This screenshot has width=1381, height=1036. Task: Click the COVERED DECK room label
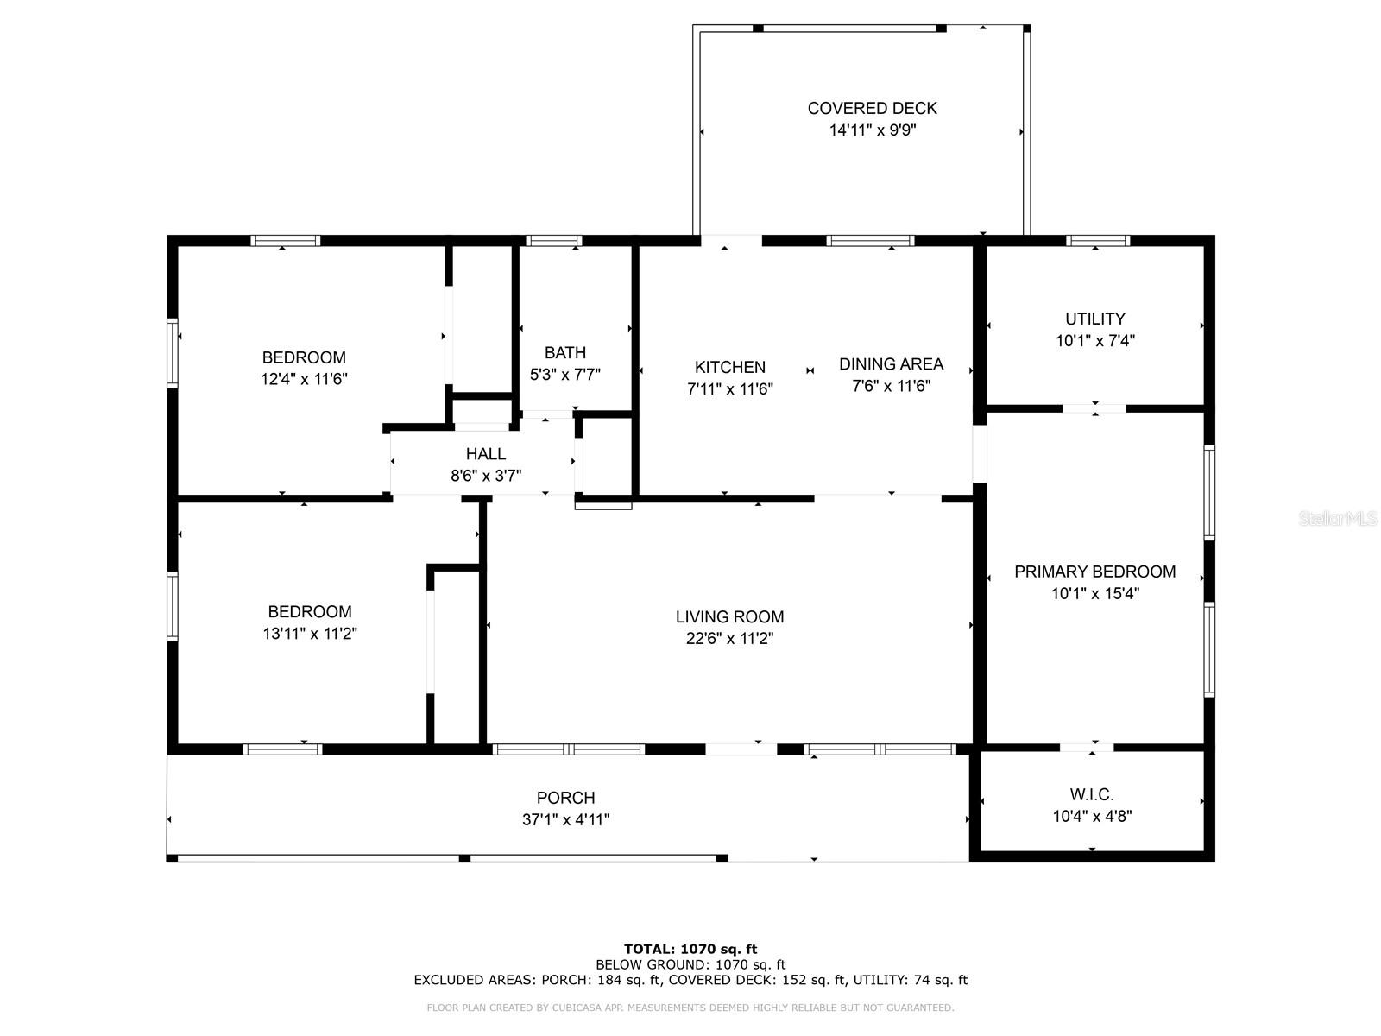(x=872, y=108)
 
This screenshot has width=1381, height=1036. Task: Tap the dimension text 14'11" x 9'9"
(x=872, y=130)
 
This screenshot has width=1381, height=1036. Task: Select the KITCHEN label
(x=730, y=367)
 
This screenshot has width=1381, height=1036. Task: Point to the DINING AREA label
(x=891, y=364)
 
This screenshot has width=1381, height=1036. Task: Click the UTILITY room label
(x=1094, y=319)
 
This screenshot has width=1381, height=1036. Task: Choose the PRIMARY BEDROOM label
(x=1094, y=572)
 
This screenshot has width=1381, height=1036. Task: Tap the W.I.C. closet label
(x=1092, y=794)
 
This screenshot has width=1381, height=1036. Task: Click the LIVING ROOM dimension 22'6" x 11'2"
(x=729, y=639)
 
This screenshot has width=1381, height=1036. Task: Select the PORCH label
(x=565, y=798)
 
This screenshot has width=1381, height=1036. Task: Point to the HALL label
(x=485, y=454)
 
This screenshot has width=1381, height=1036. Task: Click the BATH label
(x=564, y=352)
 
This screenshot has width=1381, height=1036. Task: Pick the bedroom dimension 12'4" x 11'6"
(x=304, y=379)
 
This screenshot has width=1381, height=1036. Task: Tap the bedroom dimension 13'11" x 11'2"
(x=310, y=634)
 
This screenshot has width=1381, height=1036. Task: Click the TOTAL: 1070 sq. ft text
(x=690, y=949)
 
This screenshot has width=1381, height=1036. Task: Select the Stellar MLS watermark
(x=1338, y=519)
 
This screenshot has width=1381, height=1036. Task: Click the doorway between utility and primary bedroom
(x=1094, y=408)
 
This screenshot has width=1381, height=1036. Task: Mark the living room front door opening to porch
(x=741, y=749)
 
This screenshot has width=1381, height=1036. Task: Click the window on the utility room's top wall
(x=1097, y=241)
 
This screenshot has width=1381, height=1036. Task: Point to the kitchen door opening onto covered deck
(x=731, y=241)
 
